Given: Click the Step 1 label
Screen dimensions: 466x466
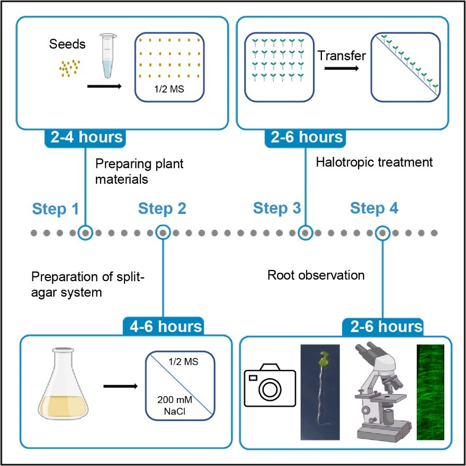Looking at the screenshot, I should (56, 208).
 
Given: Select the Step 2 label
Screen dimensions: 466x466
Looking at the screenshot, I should (162, 208).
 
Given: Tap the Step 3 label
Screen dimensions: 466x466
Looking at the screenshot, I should (277, 208).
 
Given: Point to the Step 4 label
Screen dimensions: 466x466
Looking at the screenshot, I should (374, 208).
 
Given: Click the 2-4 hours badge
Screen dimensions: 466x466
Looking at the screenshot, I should (87, 137).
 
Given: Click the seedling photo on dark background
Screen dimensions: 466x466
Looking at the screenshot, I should (321, 391).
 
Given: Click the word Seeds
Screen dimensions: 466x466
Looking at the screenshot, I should (68, 44).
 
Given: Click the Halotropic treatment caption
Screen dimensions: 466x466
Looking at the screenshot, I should (374, 162).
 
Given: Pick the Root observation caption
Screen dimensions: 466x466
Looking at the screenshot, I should (316, 275).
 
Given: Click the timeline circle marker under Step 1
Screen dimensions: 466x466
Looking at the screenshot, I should (85, 232).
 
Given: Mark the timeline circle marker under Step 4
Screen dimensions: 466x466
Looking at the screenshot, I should (382, 232).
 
